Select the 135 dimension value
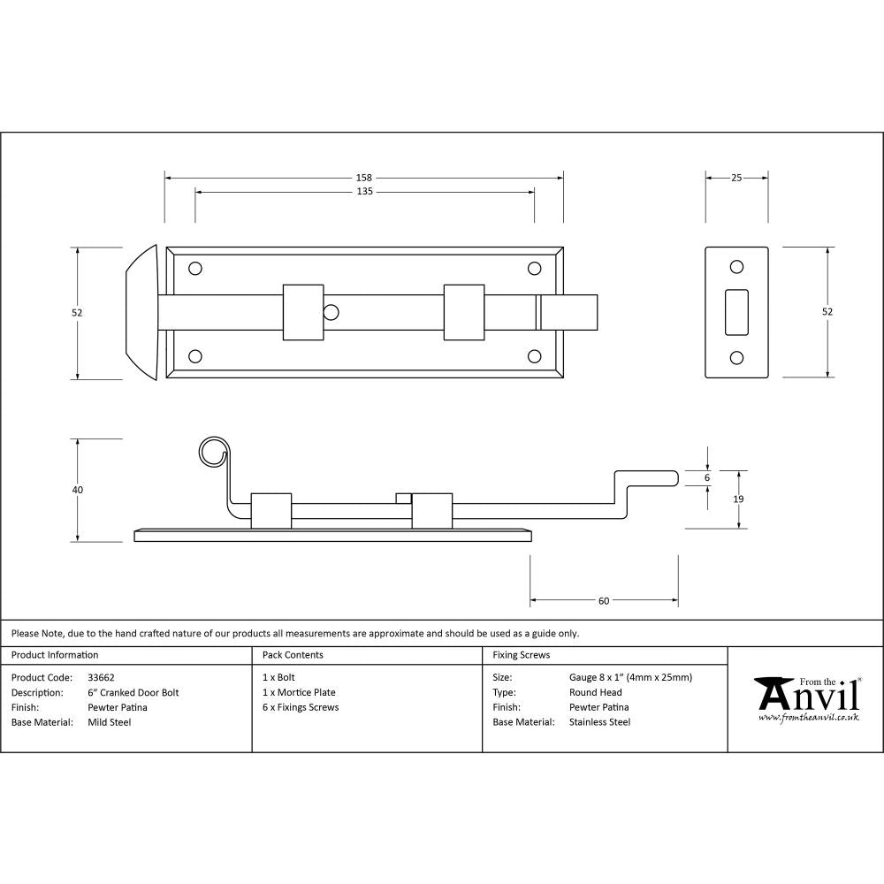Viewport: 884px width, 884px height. [x=363, y=191]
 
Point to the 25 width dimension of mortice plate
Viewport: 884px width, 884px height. [x=736, y=177]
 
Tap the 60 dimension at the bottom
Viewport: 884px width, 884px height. [x=604, y=601]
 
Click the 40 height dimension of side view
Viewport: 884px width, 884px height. [x=78, y=490]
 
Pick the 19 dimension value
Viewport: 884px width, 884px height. [x=738, y=499]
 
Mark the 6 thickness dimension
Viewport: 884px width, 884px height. [x=707, y=477]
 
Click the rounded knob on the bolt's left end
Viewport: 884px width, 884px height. [x=141, y=312]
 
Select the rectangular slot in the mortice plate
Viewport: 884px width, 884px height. [x=735, y=312]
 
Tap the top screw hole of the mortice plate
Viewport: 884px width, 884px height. [x=735, y=267]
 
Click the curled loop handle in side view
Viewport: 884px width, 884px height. [x=212, y=452]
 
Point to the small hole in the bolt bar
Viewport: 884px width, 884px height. [x=331, y=312]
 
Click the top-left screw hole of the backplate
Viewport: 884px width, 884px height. [x=195, y=267]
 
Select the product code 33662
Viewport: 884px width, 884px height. [x=101, y=678]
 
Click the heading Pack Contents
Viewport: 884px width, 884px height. [x=293, y=655]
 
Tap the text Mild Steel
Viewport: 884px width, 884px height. [x=110, y=722]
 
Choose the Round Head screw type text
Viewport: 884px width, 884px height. [x=595, y=693]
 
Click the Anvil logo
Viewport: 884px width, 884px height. [x=806, y=697]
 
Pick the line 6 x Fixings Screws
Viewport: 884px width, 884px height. [x=301, y=707]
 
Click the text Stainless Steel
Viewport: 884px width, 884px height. [x=599, y=722]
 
